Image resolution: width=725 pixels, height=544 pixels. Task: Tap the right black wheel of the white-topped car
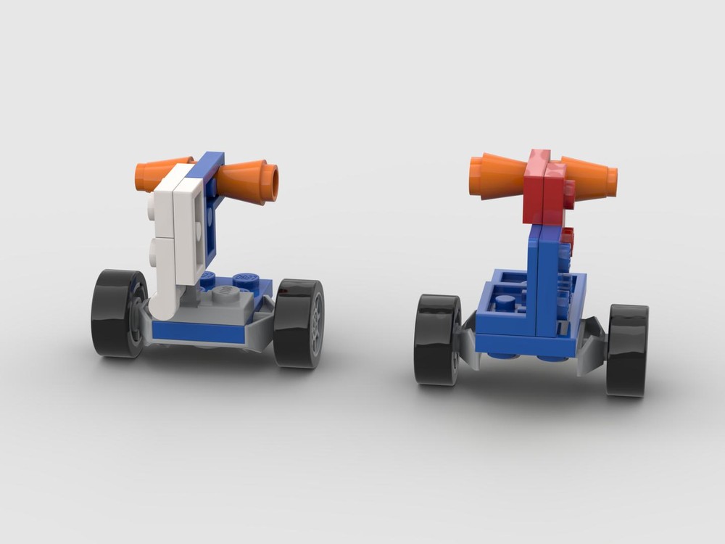pos(299,322)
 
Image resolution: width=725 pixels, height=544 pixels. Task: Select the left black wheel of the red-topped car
pos(436,338)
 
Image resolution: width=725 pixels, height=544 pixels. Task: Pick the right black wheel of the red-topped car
pos(627,350)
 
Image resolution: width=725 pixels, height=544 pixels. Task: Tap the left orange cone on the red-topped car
pos(497,176)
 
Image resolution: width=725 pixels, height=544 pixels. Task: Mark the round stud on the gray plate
pos(227,291)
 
